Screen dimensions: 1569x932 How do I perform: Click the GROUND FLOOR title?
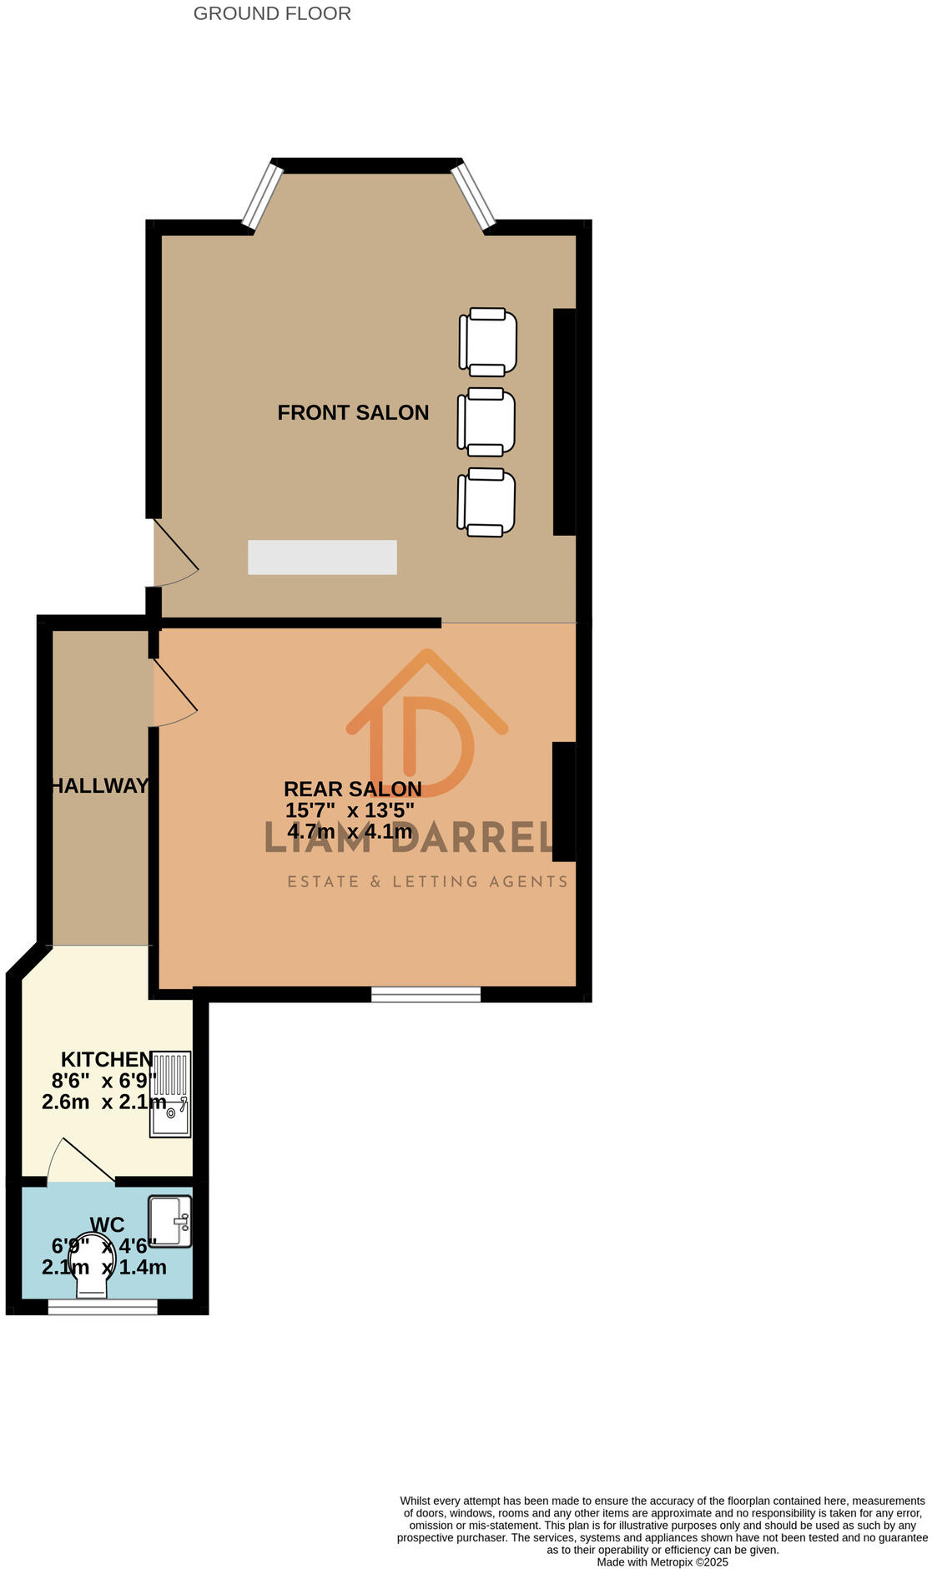tap(272, 13)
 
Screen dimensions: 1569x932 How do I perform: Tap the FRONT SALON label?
tap(353, 412)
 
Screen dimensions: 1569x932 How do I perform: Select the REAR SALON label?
tap(352, 789)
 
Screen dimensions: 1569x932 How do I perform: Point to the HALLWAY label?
tap(99, 785)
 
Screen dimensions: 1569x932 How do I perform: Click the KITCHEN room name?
tap(107, 1059)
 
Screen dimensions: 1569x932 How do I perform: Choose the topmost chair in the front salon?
tap(488, 342)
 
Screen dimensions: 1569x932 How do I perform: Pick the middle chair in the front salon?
tap(486, 422)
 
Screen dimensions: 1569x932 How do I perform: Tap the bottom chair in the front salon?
tap(486, 502)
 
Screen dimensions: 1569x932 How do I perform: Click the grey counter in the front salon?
tap(322, 557)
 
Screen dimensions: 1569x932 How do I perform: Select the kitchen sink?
tap(170, 1093)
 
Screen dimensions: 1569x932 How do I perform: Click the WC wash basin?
tap(169, 1221)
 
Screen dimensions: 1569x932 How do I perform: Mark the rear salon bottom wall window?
tap(426, 994)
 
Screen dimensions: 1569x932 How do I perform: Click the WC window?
tap(103, 1307)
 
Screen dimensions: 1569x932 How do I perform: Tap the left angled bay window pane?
tap(263, 194)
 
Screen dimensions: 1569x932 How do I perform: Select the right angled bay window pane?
tap(474, 196)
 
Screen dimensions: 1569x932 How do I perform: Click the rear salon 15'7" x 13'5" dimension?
tap(350, 810)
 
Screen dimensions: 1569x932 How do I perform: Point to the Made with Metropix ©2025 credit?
tap(662, 1562)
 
